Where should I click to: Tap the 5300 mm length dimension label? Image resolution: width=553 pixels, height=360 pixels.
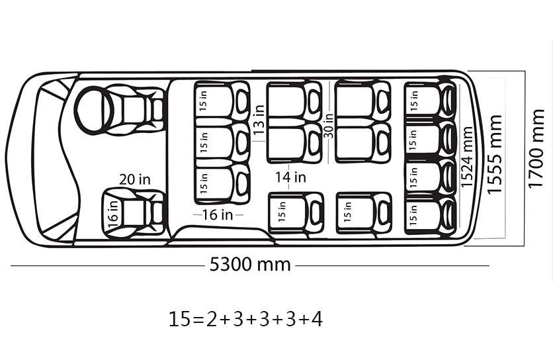(x=250, y=264)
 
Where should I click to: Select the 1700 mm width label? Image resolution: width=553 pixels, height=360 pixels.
(x=536, y=149)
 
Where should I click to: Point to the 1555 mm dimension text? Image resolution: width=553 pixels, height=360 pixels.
(x=493, y=154)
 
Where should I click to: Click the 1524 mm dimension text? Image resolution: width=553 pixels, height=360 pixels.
(x=466, y=157)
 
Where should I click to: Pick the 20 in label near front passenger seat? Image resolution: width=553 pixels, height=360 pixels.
(x=135, y=179)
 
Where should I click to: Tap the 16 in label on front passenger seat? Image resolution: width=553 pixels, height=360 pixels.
(x=113, y=214)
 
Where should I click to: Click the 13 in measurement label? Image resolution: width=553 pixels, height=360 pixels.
(x=259, y=119)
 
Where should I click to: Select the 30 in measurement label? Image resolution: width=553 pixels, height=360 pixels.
(x=328, y=125)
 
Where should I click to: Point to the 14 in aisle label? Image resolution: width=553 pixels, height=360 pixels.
(x=290, y=177)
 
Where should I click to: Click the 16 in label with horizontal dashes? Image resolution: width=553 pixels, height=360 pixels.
(x=218, y=214)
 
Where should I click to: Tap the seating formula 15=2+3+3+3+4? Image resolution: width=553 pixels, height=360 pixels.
(x=245, y=319)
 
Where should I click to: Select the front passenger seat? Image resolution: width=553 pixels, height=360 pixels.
(x=134, y=213)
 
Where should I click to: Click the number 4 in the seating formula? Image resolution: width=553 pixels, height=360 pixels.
(x=317, y=319)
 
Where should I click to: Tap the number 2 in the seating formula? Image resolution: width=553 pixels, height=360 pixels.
(x=211, y=319)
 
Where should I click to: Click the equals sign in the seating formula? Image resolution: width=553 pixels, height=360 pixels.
(x=198, y=320)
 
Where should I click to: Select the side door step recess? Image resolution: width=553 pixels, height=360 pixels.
(x=222, y=234)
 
